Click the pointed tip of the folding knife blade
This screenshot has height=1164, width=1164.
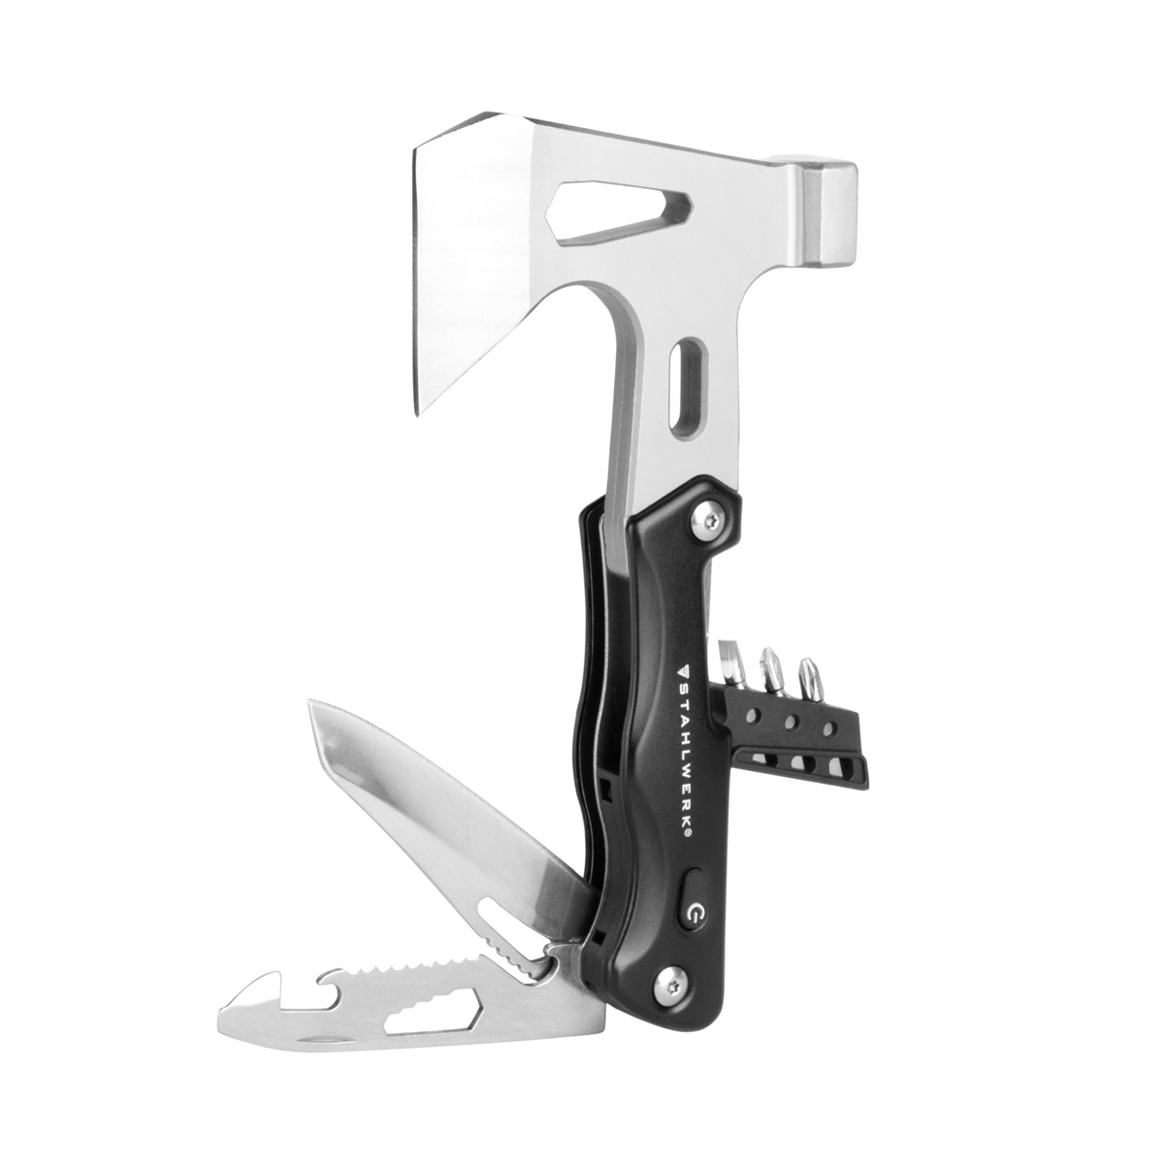click(309, 701)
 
